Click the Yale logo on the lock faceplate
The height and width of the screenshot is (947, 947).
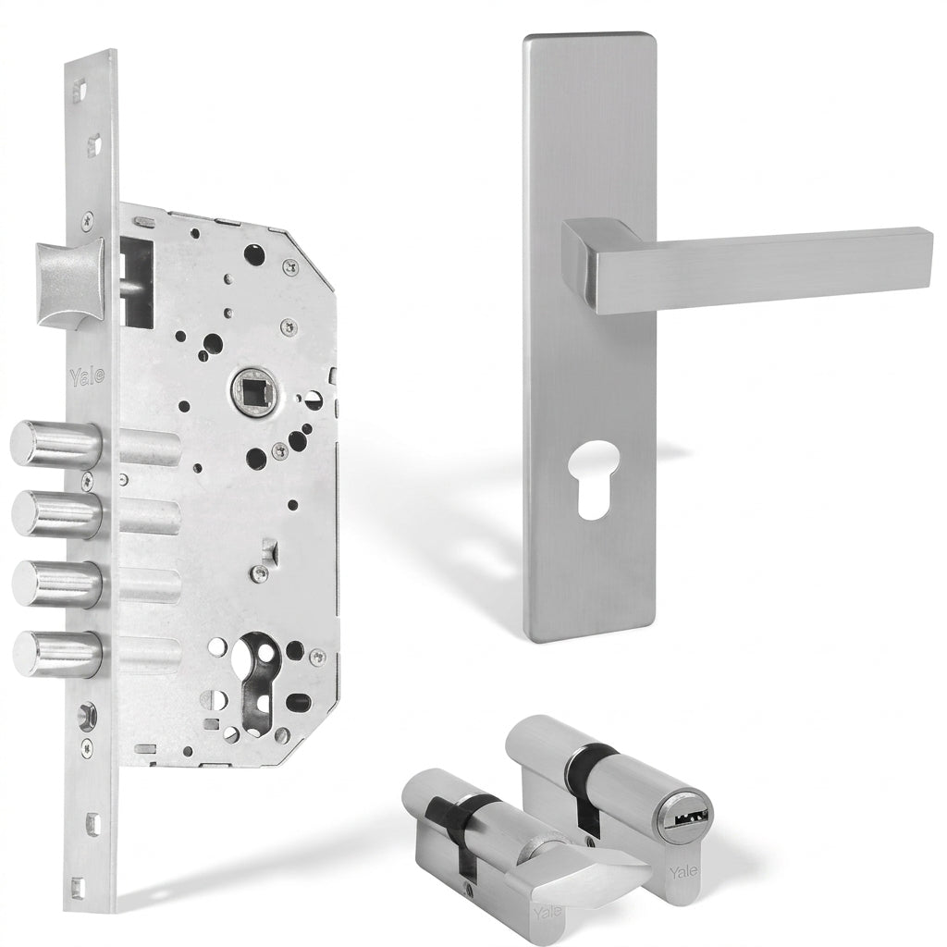pos(87,375)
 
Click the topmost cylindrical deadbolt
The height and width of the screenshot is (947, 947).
pos(55,445)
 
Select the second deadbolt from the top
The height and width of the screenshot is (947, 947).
pos(56,514)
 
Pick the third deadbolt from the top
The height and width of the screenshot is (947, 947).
pos(56,584)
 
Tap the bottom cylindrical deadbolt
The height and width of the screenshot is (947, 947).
pos(57,654)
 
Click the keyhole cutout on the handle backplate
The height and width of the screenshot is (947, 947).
pos(592,480)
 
